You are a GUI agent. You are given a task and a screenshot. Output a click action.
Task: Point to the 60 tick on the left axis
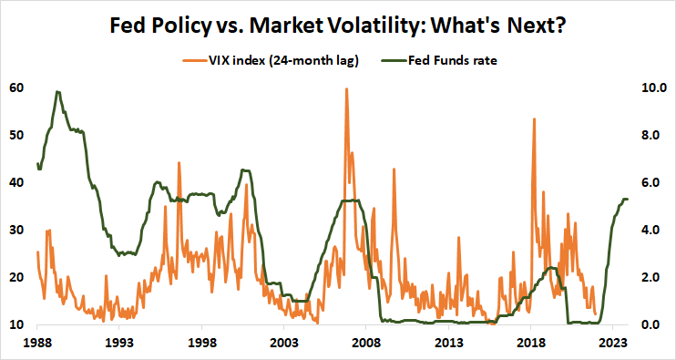pyautogui.click(x=17, y=88)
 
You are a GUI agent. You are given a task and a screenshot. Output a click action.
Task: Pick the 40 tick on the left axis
pyautogui.click(x=17, y=182)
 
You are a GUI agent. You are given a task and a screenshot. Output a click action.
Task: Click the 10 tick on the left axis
pyautogui.click(x=17, y=324)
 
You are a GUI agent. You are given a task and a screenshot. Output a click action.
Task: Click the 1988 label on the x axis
pyautogui.click(x=37, y=343)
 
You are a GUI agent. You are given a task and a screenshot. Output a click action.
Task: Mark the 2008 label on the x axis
pyautogui.click(x=366, y=343)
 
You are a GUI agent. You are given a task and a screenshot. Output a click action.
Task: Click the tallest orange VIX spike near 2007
pyautogui.click(x=346, y=89)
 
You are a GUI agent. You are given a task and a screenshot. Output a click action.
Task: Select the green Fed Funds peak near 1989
pyautogui.click(x=57, y=91)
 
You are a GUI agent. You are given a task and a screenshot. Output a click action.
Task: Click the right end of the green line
pyautogui.click(x=628, y=199)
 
